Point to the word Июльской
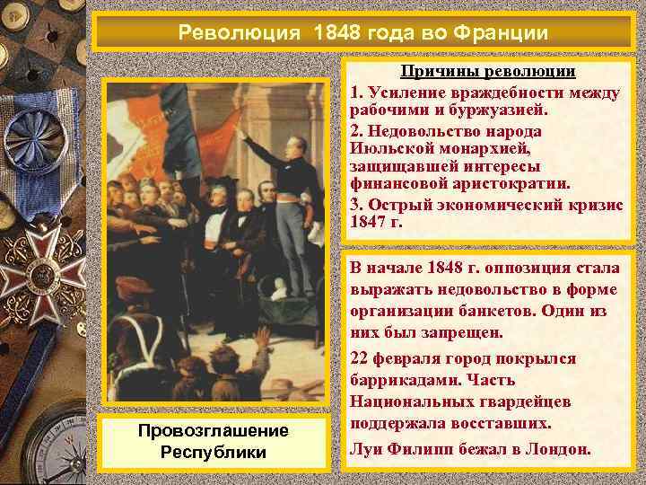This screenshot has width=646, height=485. pyautogui.click(x=390, y=149)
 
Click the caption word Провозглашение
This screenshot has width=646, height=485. pyautogui.click(x=213, y=430)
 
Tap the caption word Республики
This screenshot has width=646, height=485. pyautogui.click(x=213, y=451)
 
